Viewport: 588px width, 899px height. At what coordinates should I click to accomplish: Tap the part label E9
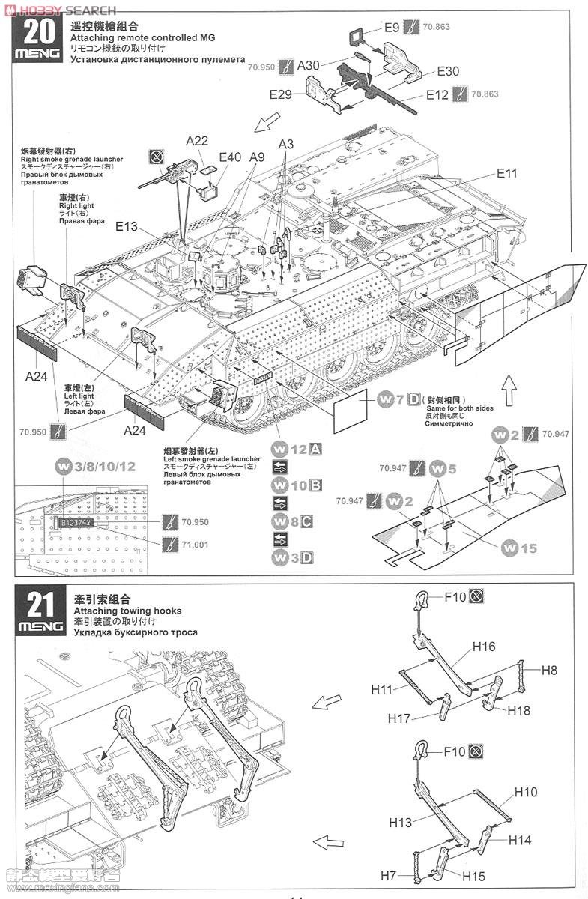click(392, 28)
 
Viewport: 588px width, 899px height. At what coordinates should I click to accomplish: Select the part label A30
click(309, 65)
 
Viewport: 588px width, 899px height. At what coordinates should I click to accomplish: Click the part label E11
click(507, 173)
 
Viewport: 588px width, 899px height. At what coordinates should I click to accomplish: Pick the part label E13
click(127, 225)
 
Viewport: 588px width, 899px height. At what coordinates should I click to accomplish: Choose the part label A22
click(197, 140)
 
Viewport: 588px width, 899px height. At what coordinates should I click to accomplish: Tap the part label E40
click(230, 157)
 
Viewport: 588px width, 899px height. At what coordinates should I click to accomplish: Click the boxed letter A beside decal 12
click(315, 449)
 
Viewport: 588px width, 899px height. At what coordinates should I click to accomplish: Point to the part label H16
click(483, 646)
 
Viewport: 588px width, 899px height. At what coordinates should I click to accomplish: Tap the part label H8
click(548, 671)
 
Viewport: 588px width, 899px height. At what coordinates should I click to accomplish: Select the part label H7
click(388, 874)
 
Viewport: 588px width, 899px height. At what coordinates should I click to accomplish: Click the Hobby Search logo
click(60, 10)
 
